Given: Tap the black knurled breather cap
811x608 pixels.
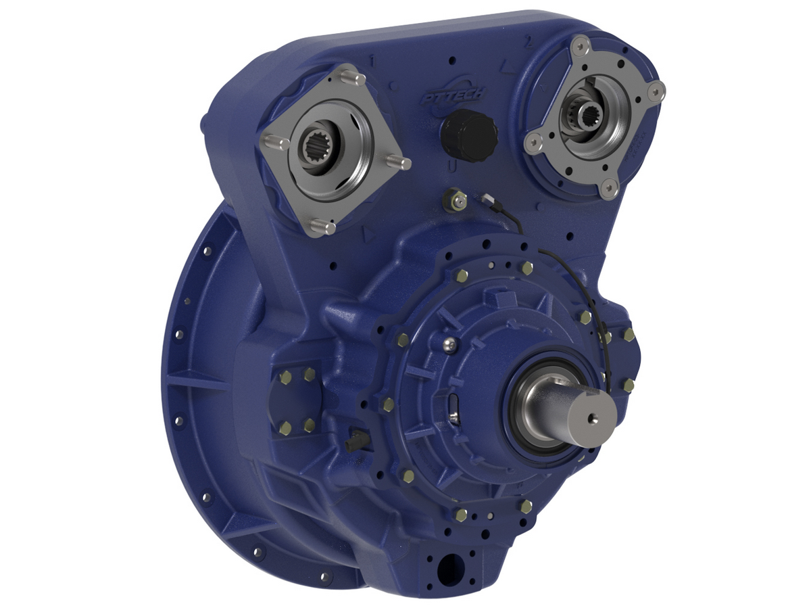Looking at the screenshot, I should coord(469,136).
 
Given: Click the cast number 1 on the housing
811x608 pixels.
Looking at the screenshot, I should coord(372,62).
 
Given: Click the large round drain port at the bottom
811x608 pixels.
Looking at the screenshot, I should coord(447,569).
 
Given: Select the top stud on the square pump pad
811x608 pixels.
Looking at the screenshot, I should coord(352,76).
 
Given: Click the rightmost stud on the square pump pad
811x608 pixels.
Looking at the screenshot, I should coord(400,163).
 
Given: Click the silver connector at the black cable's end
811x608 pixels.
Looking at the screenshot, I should coord(487,199).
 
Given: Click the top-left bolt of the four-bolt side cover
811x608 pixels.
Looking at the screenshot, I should coord(285,376).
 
